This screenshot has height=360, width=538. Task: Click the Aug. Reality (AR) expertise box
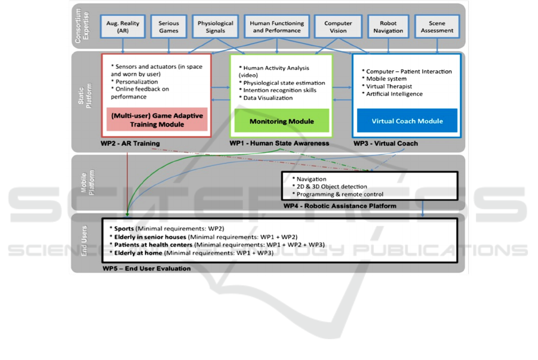[x=122, y=27]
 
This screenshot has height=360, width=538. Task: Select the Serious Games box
[x=168, y=27]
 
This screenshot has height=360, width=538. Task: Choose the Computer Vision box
[x=338, y=27]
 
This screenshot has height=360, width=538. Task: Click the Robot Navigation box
[x=388, y=27]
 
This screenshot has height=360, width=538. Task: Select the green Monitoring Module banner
[x=282, y=121]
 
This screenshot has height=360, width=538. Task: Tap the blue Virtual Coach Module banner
[x=407, y=121]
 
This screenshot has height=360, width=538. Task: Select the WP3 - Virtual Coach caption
[x=386, y=144]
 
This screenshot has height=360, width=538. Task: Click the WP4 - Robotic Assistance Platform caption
[x=340, y=206]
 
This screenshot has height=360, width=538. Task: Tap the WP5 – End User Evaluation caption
[x=146, y=269]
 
